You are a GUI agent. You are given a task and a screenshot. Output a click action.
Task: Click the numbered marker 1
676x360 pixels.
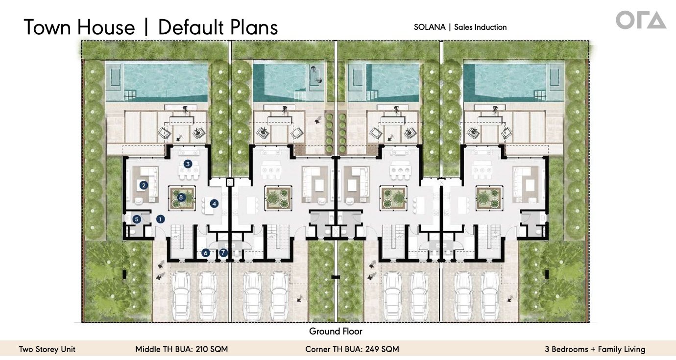point(160,219)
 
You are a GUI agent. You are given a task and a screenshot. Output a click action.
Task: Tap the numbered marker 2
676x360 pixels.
point(144,185)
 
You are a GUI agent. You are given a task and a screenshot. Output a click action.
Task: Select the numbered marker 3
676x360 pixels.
point(188,164)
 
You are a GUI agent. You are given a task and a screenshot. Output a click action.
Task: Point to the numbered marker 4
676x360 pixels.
point(214,204)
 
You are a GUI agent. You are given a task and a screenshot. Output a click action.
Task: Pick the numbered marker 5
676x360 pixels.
point(137,219)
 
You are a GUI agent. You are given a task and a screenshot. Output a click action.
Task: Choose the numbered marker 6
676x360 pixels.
point(206,253)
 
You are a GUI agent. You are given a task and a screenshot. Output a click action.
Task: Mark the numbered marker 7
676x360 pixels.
point(223,252)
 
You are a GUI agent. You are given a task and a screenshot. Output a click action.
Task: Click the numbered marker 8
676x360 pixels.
point(181,197)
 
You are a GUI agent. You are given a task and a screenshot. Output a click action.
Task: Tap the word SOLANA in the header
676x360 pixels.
point(430,27)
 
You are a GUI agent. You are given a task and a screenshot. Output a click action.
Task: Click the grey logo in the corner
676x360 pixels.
point(641,20)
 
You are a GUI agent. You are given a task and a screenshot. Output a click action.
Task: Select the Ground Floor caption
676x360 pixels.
point(336,331)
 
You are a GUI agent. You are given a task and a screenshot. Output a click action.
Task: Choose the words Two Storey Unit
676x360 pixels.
point(47,349)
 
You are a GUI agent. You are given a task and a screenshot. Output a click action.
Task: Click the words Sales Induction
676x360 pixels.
point(480,27)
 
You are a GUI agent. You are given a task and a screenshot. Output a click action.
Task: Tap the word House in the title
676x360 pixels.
point(106,27)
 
